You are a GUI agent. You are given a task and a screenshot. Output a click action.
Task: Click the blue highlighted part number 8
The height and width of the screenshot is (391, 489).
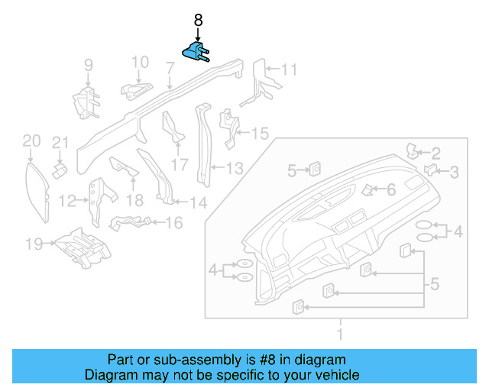[x=196, y=53]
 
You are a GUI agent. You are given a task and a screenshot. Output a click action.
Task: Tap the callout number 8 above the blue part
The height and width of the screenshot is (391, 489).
[x=198, y=21]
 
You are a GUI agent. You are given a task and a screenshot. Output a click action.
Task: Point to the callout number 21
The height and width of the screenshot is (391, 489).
[x=60, y=142]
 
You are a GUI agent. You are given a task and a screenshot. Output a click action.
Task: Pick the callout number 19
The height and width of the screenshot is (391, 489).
[x=32, y=244]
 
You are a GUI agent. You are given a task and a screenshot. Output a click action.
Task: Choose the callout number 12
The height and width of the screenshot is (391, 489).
[x=67, y=201]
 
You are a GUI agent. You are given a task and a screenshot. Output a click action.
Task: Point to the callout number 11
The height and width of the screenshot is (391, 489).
[x=287, y=70]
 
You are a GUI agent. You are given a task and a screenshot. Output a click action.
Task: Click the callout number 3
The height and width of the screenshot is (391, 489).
[x=454, y=173]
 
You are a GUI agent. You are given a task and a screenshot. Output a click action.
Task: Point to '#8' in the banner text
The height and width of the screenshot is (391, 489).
[x=257, y=360]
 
